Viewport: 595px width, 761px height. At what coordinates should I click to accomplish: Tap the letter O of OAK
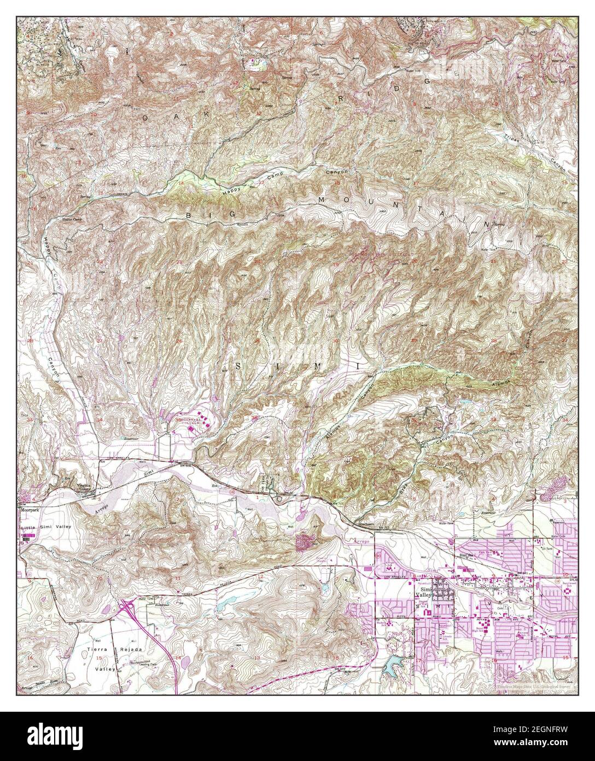point(145,117)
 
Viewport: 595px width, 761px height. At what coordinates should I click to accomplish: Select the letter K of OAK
point(208,113)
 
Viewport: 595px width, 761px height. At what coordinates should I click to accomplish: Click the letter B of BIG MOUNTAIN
point(190,216)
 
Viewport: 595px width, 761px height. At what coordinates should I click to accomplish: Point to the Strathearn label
point(364,524)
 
